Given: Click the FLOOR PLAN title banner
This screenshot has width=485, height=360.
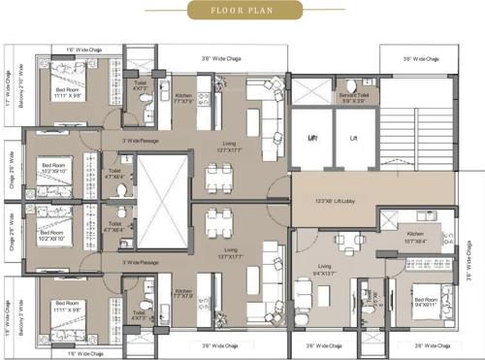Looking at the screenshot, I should [x=242, y=12].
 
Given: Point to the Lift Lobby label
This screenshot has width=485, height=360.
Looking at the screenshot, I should [x=340, y=202].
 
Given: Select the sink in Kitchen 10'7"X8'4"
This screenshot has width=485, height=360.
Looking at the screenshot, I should [x=424, y=214].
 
